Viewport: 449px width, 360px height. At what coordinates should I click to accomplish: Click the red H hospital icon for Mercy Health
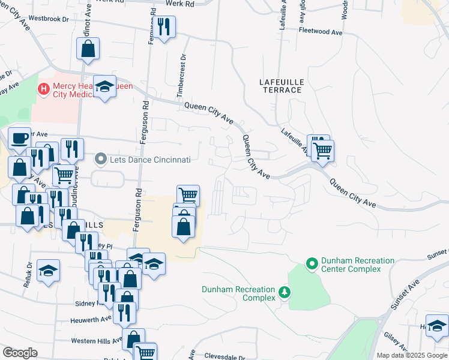[43, 89]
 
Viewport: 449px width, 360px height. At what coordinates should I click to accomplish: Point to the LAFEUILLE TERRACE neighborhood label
[282, 85]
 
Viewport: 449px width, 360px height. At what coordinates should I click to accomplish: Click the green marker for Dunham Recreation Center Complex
[312, 264]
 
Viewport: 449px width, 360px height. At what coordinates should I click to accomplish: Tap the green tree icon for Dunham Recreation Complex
[285, 293]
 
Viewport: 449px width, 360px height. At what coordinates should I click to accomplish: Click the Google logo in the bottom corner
[20, 352]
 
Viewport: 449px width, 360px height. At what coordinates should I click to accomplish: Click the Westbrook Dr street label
[48, 18]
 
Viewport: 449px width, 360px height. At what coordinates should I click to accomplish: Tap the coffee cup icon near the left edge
[19, 138]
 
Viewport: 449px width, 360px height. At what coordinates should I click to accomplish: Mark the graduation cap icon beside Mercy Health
[104, 88]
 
